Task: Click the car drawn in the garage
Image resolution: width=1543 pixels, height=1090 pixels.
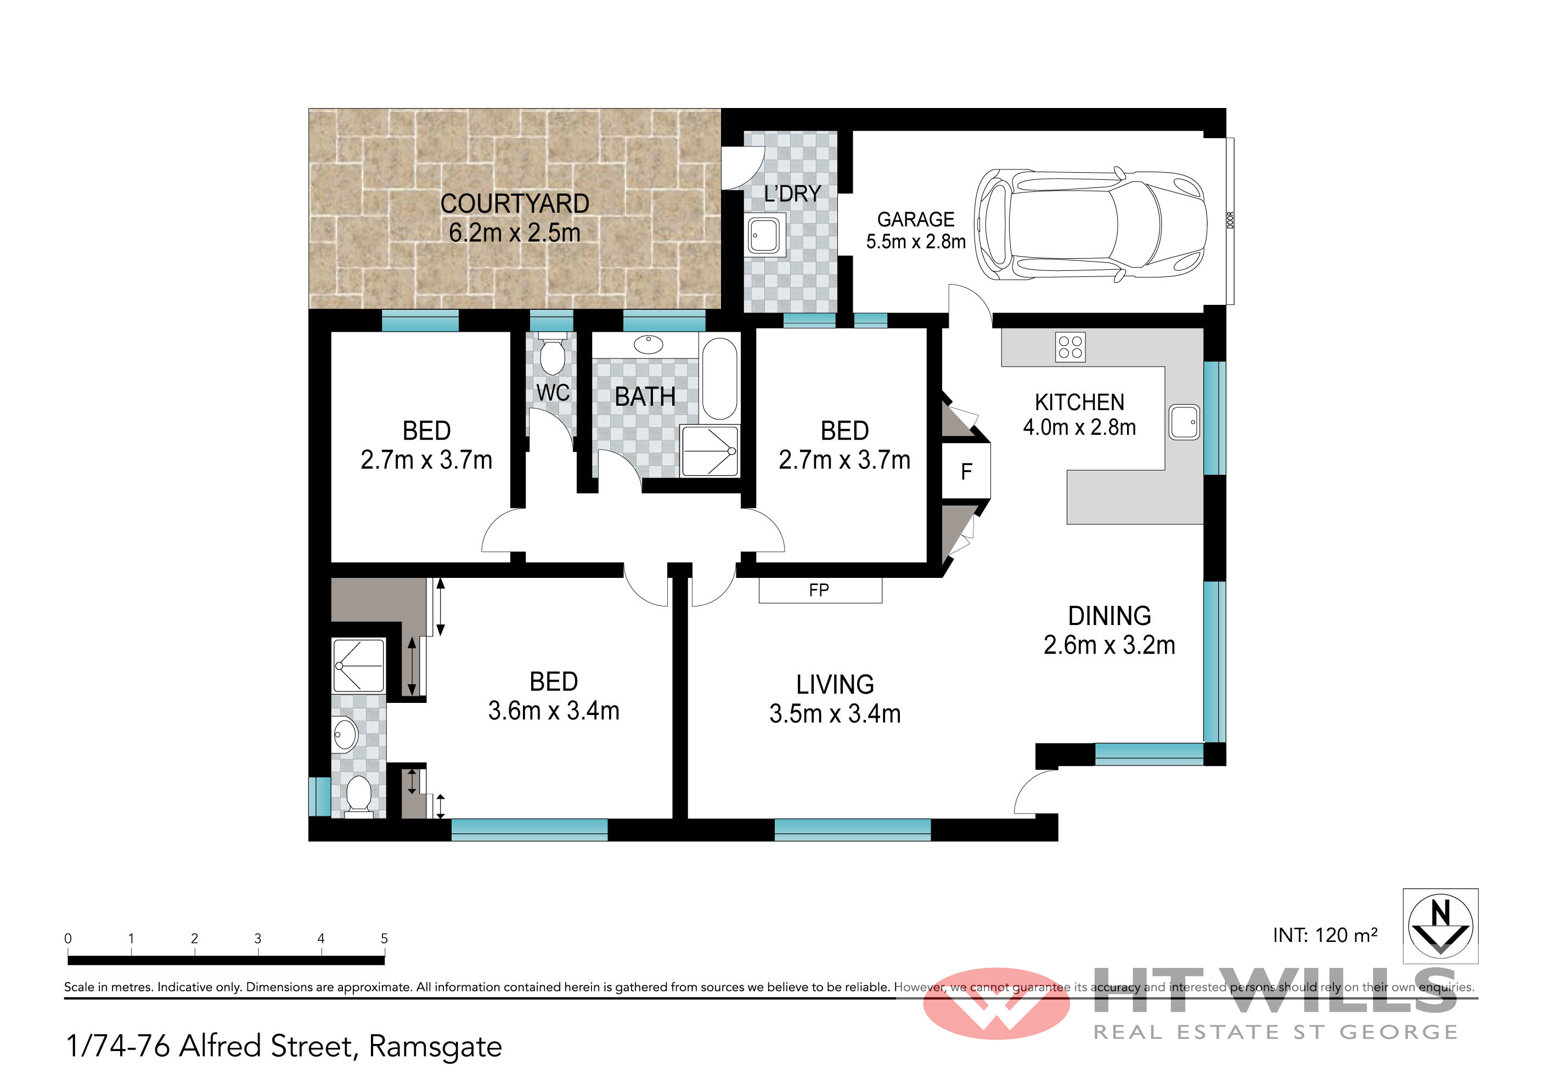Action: tap(1090, 224)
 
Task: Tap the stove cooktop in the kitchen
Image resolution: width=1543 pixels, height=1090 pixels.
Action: tap(1070, 347)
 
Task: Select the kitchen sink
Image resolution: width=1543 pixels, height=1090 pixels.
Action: tap(1184, 422)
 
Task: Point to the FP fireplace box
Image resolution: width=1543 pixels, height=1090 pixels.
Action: tap(820, 591)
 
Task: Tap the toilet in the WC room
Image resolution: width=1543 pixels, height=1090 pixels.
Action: tap(553, 354)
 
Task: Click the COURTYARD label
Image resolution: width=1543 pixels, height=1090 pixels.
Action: tap(515, 203)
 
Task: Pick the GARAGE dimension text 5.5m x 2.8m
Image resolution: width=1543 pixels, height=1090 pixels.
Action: tap(915, 242)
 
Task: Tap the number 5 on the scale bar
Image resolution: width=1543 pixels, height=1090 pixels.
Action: tap(385, 938)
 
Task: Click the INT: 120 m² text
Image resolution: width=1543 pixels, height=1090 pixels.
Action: tap(1325, 935)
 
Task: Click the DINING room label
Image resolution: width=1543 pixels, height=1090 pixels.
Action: tap(1110, 616)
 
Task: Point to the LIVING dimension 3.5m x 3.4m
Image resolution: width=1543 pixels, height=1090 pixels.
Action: tap(835, 714)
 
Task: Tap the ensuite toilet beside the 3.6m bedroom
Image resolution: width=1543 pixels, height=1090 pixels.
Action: tap(358, 796)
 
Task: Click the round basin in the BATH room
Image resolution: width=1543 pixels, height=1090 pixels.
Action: tap(649, 344)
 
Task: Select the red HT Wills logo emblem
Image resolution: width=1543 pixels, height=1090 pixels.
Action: tap(996, 1003)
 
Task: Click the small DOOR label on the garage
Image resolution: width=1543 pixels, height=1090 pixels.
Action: tap(1230, 220)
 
